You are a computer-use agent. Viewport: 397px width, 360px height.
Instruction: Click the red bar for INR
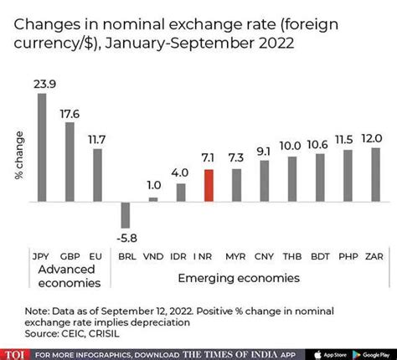(209, 186)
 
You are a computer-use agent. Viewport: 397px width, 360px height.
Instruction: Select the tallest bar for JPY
(42, 147)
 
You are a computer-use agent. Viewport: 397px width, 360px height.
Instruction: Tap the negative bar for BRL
(126, 214)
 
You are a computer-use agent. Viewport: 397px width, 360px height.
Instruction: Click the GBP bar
(70, 162)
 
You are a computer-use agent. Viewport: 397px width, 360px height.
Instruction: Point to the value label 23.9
(42, 84)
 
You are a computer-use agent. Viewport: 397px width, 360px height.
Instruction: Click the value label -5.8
(126, 238)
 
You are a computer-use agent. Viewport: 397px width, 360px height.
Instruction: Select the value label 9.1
(264, 152)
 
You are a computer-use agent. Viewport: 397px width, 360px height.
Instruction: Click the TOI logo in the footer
(15, 352)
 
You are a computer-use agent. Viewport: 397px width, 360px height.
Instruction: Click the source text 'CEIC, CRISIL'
(90, 332)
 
